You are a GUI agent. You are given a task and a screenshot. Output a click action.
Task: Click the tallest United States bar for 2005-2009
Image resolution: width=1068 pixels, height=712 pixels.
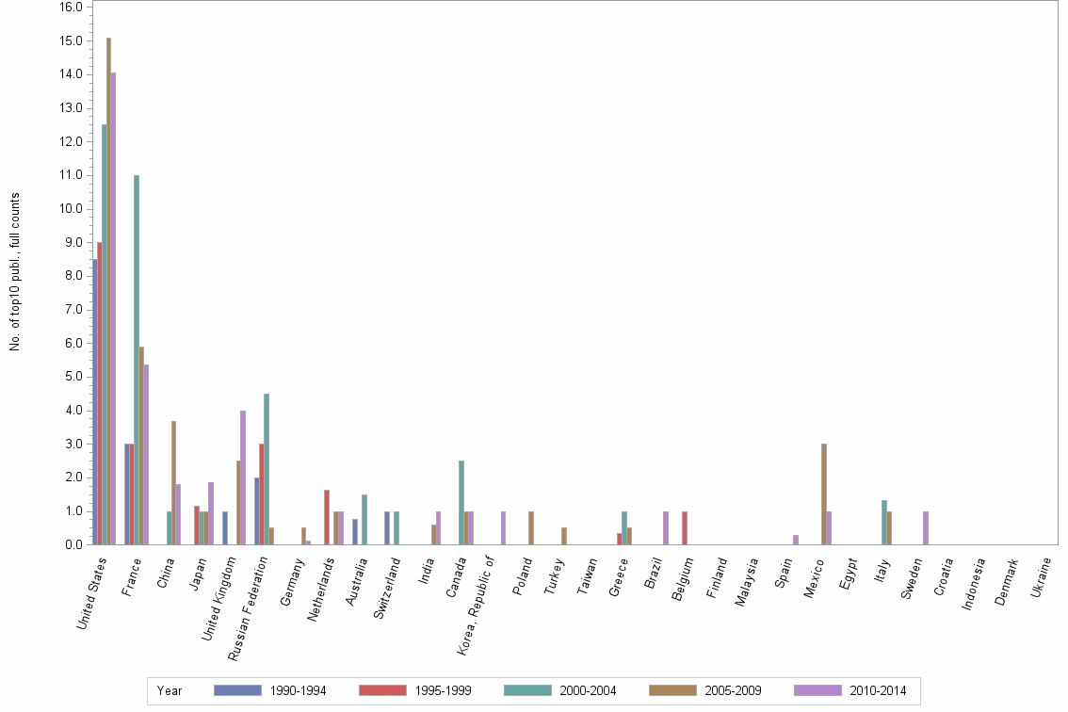click(108, 291)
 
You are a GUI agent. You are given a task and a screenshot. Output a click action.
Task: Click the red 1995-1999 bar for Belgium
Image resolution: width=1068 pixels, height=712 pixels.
click(685, 527)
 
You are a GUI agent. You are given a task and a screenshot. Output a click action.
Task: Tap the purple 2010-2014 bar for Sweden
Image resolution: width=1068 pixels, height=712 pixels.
click(926, 527)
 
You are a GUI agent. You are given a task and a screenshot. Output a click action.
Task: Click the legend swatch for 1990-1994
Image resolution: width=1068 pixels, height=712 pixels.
click(237, 690)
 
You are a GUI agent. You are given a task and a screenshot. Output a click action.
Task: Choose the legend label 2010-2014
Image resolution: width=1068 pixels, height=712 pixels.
click(878, 690)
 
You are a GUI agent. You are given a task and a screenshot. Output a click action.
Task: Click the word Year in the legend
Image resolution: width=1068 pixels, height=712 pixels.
click(170, 690)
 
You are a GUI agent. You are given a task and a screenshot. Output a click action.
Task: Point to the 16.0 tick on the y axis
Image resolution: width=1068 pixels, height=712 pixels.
click(72, 7)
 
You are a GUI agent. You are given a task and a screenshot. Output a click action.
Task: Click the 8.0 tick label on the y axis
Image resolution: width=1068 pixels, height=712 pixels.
click(72, 276)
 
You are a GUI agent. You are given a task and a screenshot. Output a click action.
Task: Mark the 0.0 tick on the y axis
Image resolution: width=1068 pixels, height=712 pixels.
click(72, 544)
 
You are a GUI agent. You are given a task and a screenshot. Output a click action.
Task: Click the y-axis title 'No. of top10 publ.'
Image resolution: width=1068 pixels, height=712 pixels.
click(15, 272)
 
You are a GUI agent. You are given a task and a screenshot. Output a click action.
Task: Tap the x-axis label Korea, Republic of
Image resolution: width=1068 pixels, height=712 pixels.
click(477, 593)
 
